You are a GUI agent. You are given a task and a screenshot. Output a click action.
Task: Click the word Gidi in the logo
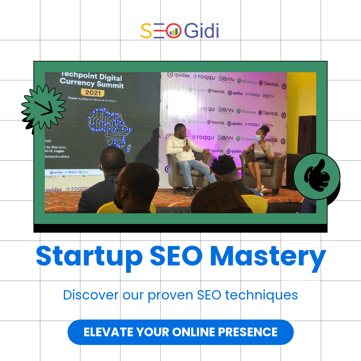point(202,31)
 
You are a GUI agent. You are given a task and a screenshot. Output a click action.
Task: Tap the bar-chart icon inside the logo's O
point(173,32)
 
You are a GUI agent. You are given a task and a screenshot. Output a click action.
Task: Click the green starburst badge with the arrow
point(43,107)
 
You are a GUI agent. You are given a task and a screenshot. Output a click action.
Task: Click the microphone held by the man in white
point(187,142)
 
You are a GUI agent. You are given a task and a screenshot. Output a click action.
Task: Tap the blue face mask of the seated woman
point(258,137)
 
